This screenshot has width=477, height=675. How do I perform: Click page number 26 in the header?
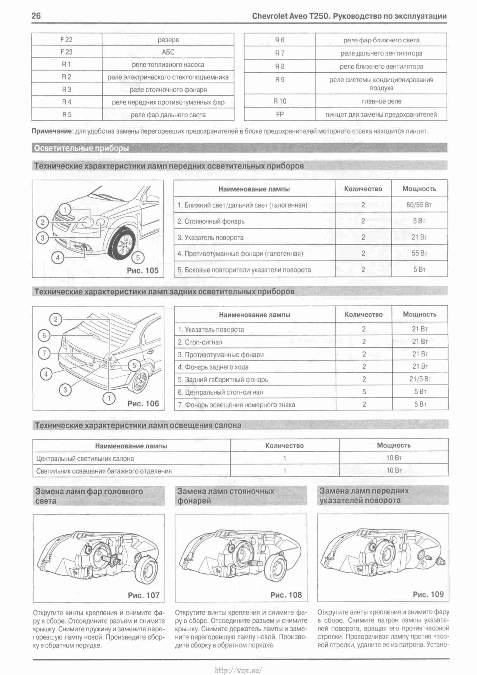(36, 16)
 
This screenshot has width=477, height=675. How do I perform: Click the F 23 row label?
(66, 52)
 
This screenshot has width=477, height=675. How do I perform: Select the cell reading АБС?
(168, 52)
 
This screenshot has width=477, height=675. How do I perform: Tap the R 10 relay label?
(280, 101)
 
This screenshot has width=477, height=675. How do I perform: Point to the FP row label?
(280, 114)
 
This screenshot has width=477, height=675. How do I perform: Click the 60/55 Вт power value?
(419, 205)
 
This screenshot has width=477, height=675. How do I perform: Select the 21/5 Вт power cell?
(420, 379)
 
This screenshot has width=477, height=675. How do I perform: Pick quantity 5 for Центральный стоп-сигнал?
(364, 392)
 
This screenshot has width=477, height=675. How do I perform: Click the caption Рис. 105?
(143, 270)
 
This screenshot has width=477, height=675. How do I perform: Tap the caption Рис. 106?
(143, 404)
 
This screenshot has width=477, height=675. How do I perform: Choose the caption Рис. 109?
(428, 594)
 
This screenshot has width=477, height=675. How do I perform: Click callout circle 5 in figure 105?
(138, 258)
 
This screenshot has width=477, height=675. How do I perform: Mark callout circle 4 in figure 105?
(58, 258)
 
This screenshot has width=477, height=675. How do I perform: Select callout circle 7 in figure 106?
(44, 353)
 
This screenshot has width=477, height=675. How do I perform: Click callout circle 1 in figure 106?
(109, 398)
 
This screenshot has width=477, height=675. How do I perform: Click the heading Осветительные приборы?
(81, 148)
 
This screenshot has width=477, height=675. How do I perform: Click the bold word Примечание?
(52, 131)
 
